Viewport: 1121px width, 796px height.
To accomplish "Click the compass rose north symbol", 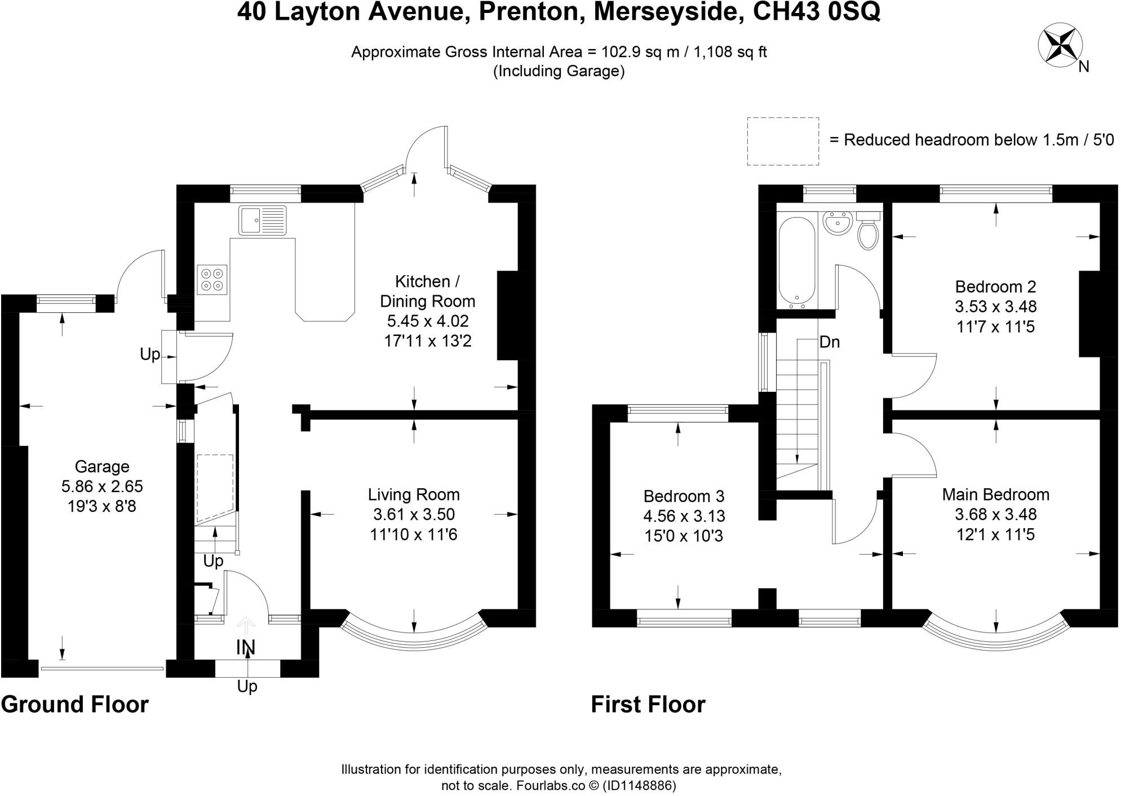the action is [x=1057, y=46].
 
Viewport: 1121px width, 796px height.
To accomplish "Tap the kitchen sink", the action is [x=263, y=220].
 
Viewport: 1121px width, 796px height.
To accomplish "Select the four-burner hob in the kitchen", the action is [x=212, y=280].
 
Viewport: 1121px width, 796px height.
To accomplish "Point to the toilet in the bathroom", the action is [x=868, y=231].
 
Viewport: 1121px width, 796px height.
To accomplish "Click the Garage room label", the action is [x=102, y=467].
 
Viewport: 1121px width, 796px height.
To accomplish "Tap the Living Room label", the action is [x=414, y=494].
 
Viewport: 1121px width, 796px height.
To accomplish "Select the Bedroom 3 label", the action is [x=684, y=496].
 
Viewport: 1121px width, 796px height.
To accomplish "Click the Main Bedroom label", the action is [x=995, y=494].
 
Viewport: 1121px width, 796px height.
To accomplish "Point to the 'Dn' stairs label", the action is [x=829, y=342].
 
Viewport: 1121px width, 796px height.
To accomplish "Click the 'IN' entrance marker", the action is [x=246, y=648].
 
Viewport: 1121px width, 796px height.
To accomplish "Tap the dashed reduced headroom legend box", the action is [x=783, y=141].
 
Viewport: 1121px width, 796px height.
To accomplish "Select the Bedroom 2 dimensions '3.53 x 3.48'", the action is [x=995, y=307].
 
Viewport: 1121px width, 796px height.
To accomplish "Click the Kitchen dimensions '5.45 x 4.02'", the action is [x=427, y=321].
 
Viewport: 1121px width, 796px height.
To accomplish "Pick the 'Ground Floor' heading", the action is [x=75, y=705].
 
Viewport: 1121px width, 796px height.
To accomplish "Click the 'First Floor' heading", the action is [x=648, y=705].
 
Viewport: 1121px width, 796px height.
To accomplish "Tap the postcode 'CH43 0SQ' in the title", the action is [x=817, y=12].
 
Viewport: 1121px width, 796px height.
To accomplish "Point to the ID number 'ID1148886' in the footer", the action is [x=639, y=785].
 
